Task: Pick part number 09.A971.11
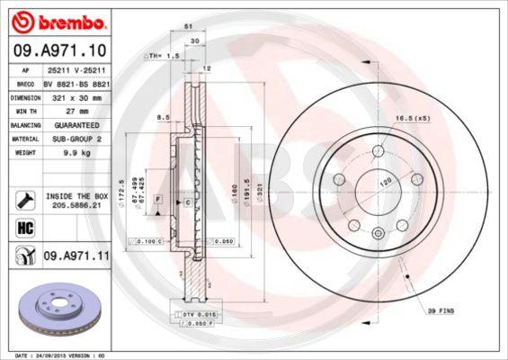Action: (x=76, y=256)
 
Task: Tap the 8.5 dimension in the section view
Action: (x=163, y=117)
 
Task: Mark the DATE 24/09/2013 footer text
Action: (x=54, y=355)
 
